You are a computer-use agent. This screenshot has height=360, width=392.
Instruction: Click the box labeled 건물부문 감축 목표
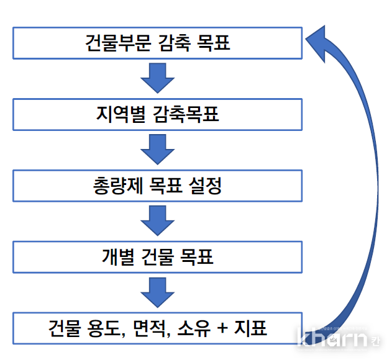tap(157, 43)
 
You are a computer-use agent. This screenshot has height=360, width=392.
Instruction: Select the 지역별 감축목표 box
tap(157, 115)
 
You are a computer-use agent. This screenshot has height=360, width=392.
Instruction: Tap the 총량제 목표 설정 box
tap(157, 186)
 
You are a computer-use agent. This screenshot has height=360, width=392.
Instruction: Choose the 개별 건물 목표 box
tap(157, 256)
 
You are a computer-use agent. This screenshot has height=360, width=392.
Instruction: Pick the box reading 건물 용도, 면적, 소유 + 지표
tap(157, 328)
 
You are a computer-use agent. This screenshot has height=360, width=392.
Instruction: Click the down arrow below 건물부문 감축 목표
tap(157, 79)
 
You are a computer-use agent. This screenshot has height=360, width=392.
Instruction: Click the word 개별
tap(114, 256)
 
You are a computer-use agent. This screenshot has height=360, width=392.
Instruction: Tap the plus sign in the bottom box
tap(221, 328)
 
